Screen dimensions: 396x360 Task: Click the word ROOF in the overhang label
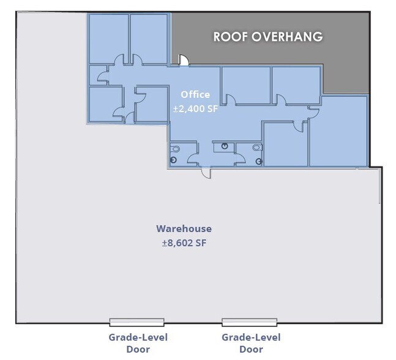coord(231,37)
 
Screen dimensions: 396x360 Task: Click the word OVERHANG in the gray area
coord(287,37)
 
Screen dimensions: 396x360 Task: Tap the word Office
coord(195,94)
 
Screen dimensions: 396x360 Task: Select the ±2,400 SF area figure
coord(195,108)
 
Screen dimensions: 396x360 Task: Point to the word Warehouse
coord(184,228)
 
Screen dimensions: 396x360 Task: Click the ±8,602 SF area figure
coord(184,243)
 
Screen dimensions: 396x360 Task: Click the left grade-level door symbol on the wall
coord(137,322)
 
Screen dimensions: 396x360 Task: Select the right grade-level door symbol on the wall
coord(250,322)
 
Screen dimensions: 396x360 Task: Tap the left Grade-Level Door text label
coord(138,343)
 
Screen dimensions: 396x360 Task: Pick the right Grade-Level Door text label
coord(251,343)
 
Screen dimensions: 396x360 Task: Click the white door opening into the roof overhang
coord(184,60)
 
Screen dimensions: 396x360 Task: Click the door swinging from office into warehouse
coord(206,173)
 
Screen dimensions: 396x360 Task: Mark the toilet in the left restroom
coord(175,149)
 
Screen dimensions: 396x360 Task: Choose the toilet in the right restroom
coord(258,148)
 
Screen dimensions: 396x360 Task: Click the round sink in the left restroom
coord(173,160)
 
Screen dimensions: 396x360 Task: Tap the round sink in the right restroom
coord(259,161)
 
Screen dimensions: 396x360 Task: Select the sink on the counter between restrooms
coord(225,146)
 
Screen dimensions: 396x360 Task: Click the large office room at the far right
coord(338,131)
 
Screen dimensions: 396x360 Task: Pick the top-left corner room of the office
coord(109,39)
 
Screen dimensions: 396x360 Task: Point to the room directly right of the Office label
coord(246,85)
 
